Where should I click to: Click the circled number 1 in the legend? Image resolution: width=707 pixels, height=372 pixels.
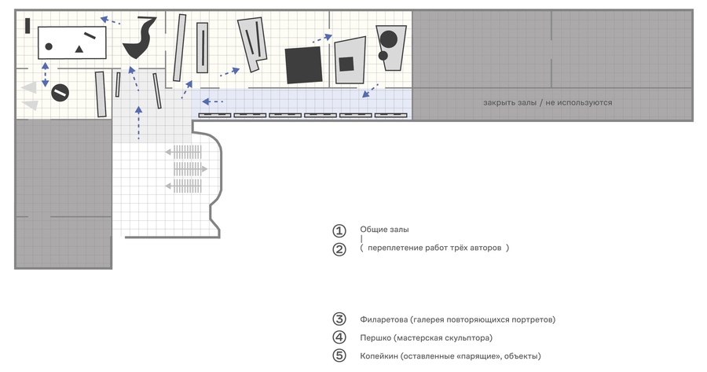[339, 230]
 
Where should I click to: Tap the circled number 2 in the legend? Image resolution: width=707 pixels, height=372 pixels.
[339, 249]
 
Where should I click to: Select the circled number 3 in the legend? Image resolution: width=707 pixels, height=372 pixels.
[339, 319]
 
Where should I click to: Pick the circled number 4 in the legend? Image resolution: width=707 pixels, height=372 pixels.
[339, 337]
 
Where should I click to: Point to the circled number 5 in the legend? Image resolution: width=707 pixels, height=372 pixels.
[339, 355]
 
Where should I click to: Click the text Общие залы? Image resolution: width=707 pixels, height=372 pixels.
[384, 230]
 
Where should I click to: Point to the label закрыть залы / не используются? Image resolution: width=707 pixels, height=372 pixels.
[548, 102]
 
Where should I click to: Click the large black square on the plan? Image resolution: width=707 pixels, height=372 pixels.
[304, 65]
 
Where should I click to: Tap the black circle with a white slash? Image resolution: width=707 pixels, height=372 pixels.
[60, 93]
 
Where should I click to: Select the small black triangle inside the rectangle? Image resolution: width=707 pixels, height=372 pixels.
[79, 49]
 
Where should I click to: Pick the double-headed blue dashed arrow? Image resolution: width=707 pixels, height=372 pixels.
[45, 75]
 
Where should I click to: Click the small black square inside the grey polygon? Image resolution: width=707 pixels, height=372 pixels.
[346, 64]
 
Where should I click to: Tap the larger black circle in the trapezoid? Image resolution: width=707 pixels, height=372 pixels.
[389, 39]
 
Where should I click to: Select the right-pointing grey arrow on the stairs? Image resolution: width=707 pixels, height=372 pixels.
[190, 169]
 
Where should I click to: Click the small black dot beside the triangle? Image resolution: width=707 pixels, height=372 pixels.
[49, 46]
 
